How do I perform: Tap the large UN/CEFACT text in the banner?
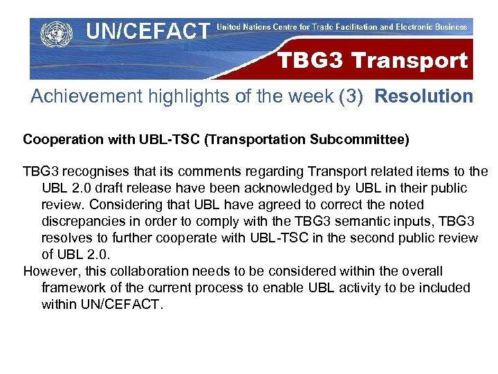pos(147,31)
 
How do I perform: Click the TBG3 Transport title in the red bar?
pos(372,61)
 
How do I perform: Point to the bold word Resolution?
pos(424,96)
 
